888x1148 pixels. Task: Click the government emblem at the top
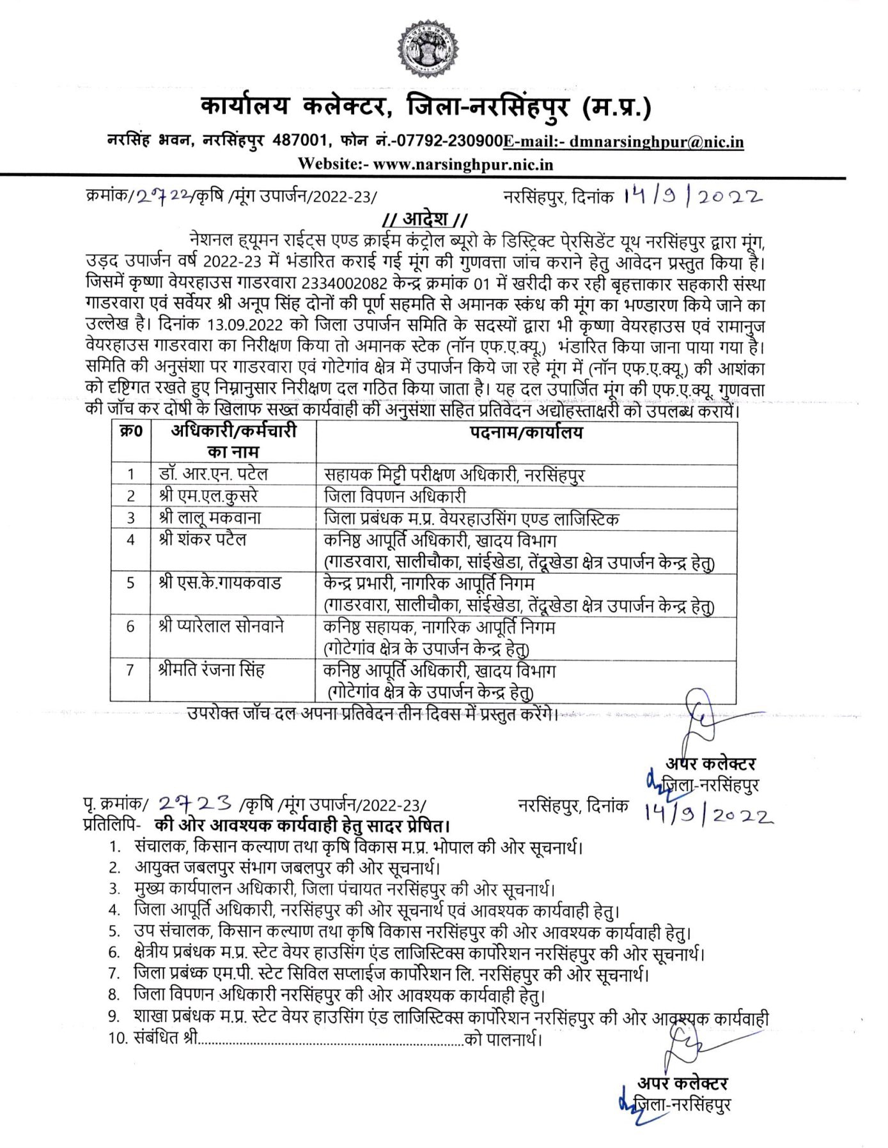coord(428,48)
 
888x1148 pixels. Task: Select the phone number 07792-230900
coord(448,141)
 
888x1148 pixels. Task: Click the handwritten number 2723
coord(195,803)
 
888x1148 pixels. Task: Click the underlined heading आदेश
coord(425,219)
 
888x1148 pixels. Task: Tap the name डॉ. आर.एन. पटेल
coord(214,474)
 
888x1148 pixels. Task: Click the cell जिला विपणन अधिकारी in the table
coord(394,496)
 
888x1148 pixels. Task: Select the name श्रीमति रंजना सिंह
coord(211,670)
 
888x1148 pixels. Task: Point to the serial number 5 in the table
coord(130,583)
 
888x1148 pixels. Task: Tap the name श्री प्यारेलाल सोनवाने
coord(221,626)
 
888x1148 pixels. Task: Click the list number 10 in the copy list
coord(119,1038)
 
